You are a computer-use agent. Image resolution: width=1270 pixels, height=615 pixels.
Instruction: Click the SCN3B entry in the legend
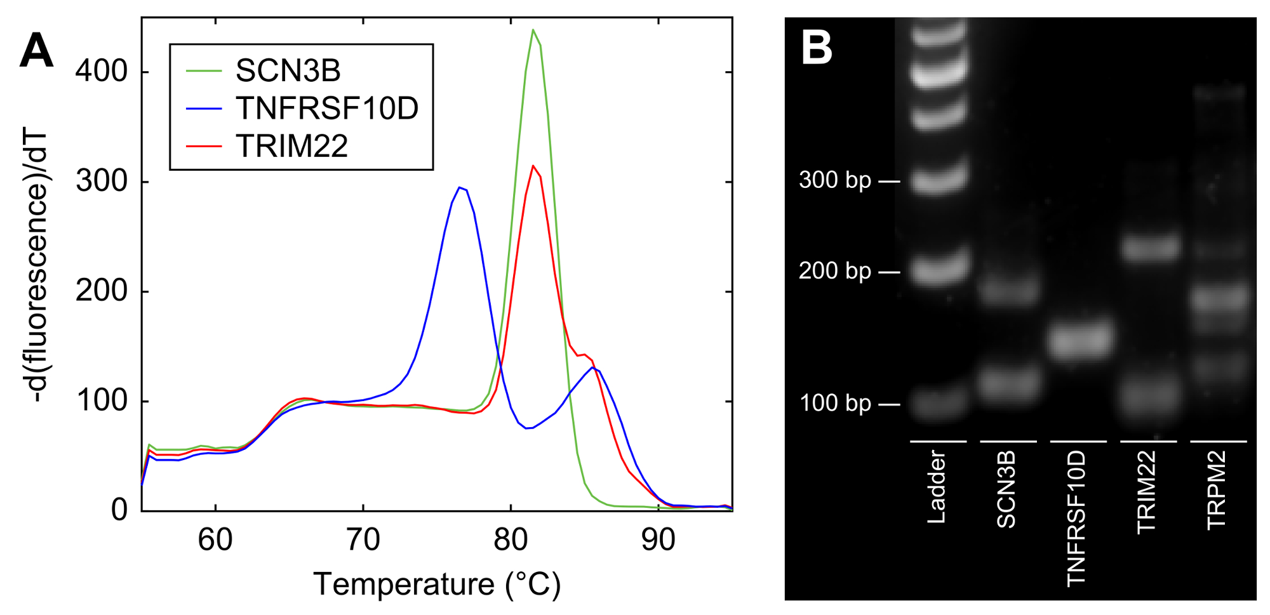pos(288,70)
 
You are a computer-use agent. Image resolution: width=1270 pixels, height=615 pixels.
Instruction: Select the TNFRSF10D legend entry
pos(326,108)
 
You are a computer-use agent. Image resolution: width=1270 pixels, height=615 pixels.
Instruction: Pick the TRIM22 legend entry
pos(291,146)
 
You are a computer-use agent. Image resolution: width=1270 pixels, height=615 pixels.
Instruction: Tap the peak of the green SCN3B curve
pos(533,30)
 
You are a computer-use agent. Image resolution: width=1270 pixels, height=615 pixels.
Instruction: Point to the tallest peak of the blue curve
pos(459,188)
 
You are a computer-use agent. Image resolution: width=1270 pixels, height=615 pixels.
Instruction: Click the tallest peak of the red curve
pos(533,166)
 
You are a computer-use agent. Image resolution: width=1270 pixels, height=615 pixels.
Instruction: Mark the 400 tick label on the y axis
pos(102,71)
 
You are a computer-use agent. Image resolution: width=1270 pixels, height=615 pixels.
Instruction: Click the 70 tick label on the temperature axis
pos(363,540)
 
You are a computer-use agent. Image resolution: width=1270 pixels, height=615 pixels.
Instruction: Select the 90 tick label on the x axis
pos(658,540)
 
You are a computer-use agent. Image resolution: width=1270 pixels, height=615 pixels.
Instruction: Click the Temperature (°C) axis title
pos(437,584)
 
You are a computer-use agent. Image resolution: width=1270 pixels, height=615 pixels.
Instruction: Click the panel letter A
pos(36,51)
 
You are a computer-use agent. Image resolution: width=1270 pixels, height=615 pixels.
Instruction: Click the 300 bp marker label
pos(834,180)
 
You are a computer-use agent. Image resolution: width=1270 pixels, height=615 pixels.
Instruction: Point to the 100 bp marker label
pos(834,403)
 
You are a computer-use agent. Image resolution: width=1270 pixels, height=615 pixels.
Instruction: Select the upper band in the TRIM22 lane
pos(1150,247)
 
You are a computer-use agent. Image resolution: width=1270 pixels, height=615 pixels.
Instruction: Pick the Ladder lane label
pos(936,487)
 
